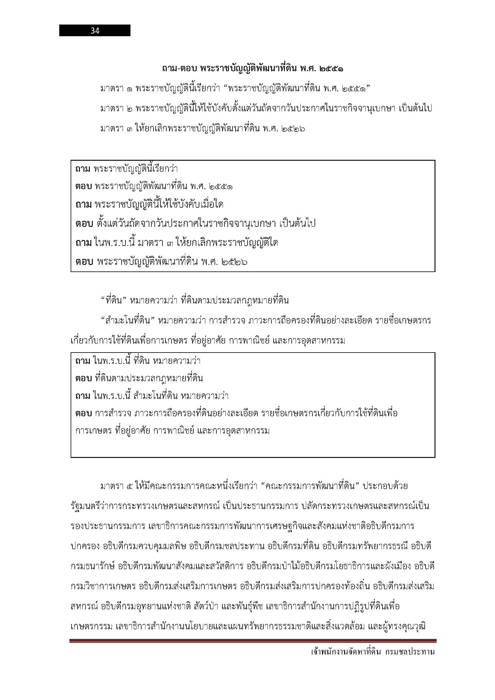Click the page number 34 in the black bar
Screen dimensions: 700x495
[95, 31]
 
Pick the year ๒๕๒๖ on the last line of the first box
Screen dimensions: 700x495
[234, 262]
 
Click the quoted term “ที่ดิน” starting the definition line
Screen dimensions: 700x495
[113, 300]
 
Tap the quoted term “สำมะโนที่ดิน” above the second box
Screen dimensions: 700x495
[128, 321]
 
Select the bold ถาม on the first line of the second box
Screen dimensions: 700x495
[82, 361]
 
